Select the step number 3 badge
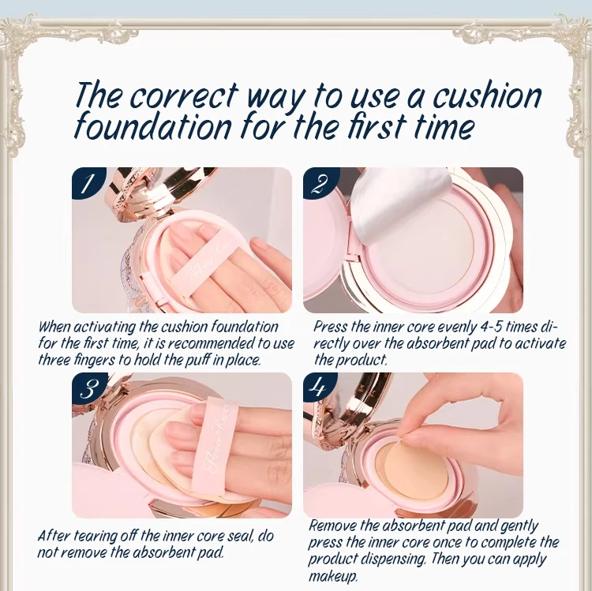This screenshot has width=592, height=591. pos(88,389)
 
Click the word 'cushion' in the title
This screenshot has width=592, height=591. pos(487,95)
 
